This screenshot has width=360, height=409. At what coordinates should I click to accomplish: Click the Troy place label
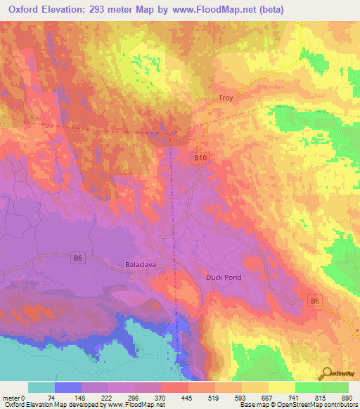226,98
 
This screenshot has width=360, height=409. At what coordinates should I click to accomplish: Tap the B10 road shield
200,158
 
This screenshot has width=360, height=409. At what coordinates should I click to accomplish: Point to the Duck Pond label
224,277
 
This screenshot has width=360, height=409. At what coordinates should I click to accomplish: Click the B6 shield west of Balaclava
79,259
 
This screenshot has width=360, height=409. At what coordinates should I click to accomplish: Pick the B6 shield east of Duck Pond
315,301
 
